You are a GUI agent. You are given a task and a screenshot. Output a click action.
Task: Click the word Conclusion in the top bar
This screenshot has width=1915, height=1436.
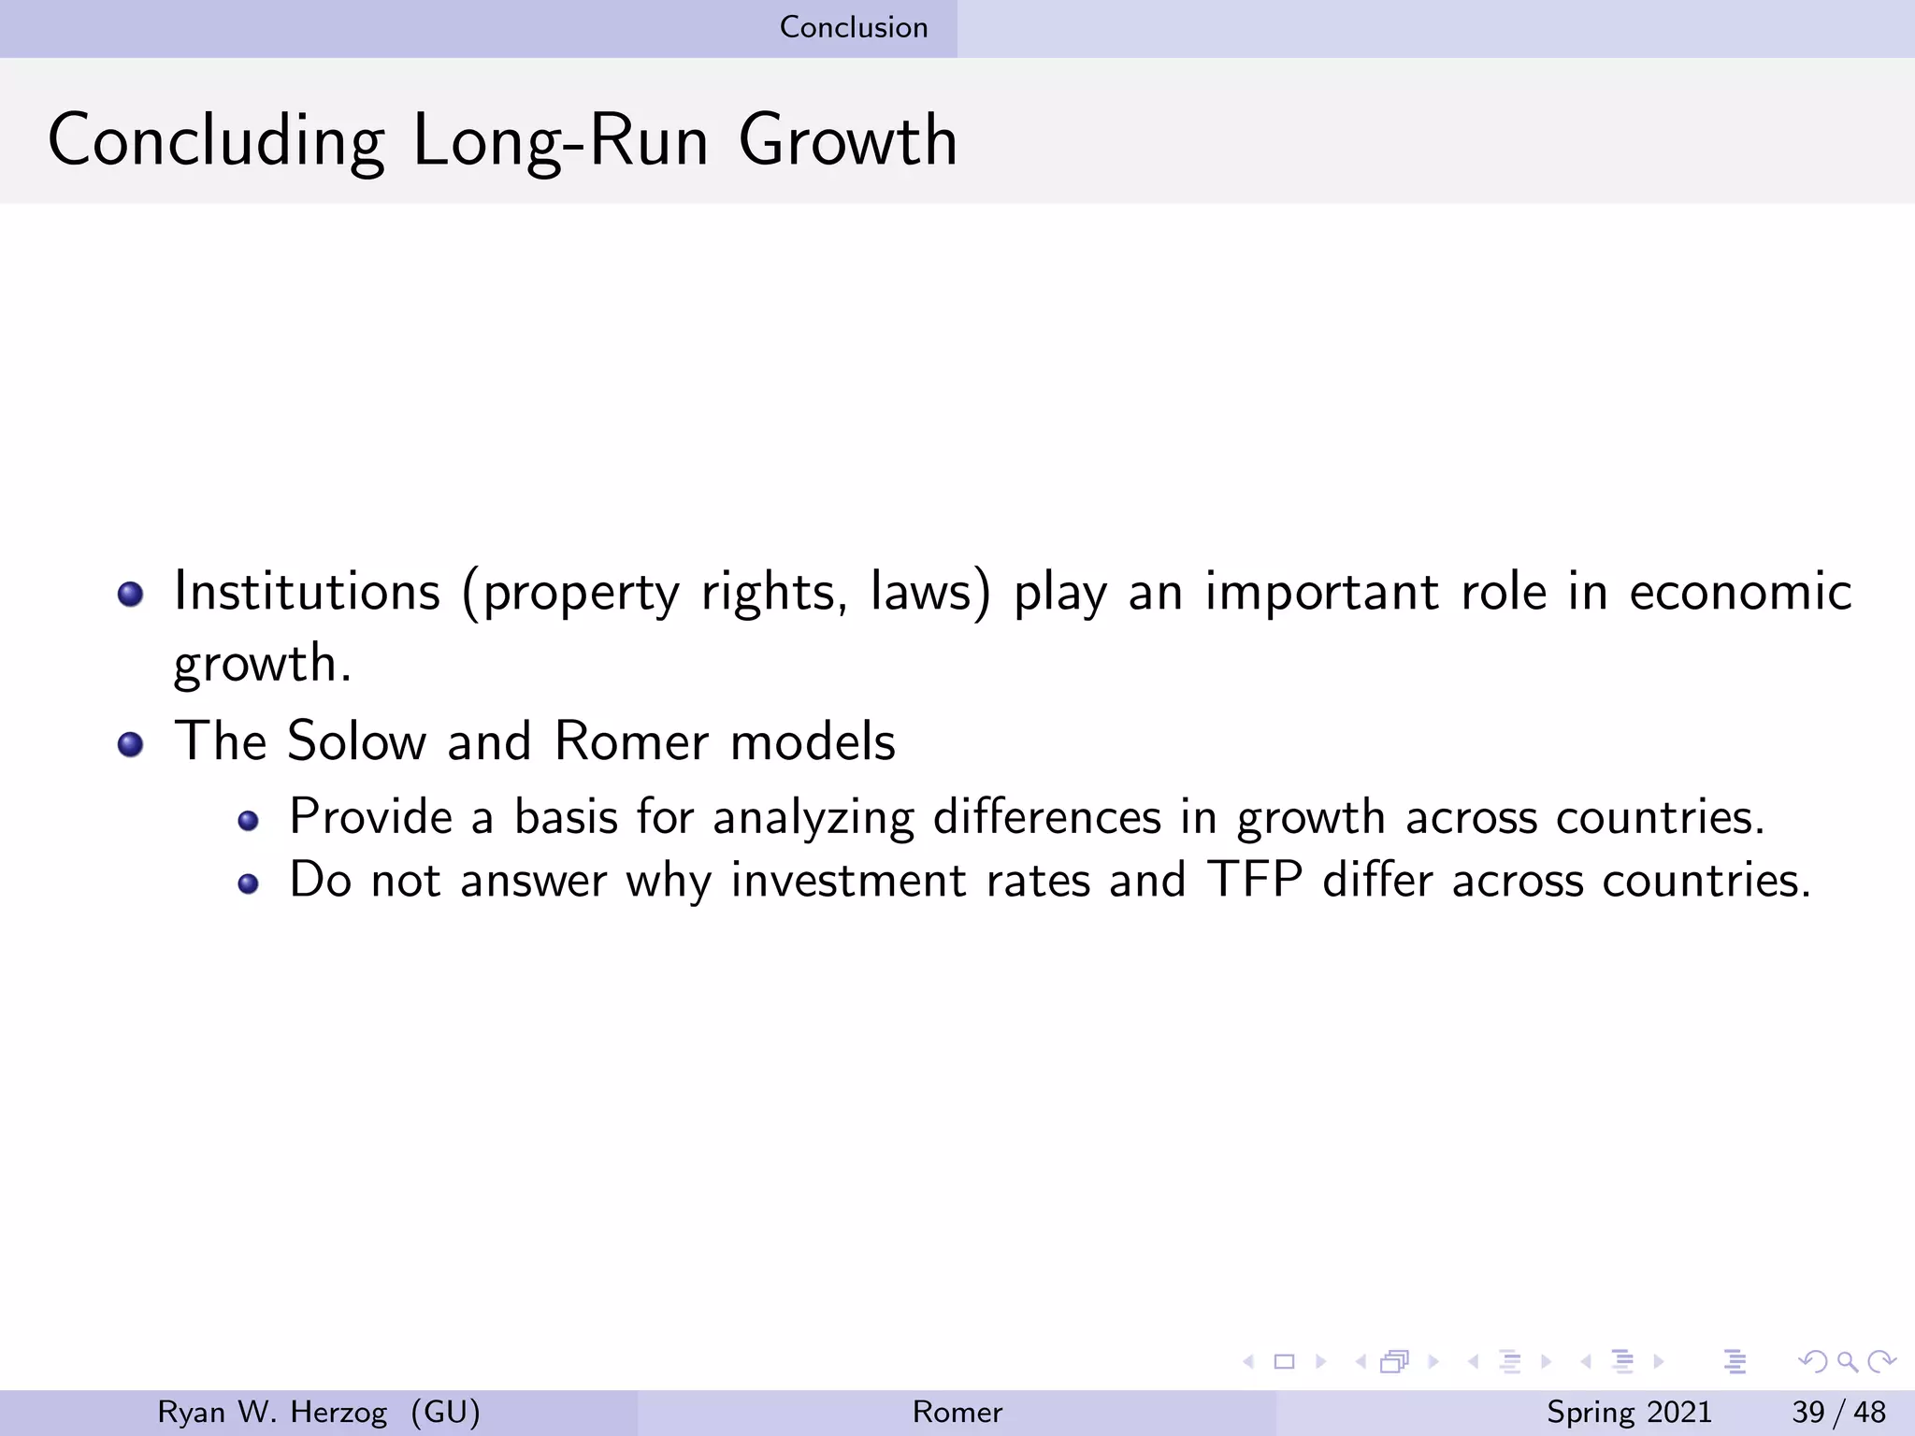[854, 27]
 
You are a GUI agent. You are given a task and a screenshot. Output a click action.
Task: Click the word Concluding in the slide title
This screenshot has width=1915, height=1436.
[216, 141]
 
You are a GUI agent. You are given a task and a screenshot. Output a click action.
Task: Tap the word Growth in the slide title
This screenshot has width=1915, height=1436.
[847, 141]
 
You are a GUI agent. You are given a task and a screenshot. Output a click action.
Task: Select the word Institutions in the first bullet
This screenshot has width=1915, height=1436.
[307, 593]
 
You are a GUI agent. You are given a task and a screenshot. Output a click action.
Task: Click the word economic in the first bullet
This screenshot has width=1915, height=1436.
[1740, 593]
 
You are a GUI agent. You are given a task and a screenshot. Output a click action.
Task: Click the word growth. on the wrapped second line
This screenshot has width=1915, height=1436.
[263, 664]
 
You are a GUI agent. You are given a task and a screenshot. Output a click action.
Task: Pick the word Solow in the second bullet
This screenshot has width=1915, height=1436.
[356, 741]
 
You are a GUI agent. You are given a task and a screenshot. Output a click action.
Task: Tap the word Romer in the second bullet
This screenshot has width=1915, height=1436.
[631, 741]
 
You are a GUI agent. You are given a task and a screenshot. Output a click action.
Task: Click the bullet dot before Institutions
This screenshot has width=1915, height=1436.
[131, 595]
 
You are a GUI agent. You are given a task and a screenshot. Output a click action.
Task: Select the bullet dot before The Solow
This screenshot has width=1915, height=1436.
[131, 744]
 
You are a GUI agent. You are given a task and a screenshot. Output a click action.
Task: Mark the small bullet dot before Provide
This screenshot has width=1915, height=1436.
[248, 821]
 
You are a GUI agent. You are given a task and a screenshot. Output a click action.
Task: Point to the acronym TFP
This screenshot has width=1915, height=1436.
[1255, 880]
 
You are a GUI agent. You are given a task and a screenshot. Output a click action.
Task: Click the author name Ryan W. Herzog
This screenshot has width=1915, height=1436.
[272, 1412]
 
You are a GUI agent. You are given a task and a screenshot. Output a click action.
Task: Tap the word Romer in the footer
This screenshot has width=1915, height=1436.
[957, 1412]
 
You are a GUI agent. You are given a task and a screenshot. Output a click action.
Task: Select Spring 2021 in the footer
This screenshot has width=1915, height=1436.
[1629, 1412]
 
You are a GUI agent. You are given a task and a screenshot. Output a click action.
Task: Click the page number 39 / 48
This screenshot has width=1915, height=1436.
[1838, 1412]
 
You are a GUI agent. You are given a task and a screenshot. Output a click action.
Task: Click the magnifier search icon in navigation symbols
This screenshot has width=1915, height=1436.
[1847, 1361]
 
